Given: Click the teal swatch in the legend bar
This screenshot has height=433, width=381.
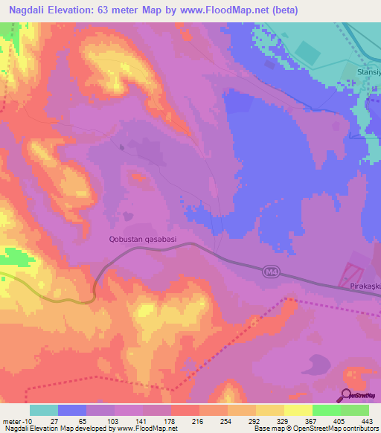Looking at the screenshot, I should [x=44, y=410].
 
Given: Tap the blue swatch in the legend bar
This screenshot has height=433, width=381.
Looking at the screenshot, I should [x=72, y=410].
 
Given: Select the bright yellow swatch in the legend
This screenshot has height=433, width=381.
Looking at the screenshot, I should [x=298, y=410].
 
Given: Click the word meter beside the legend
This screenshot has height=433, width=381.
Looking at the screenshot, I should [x=11, y=421].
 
